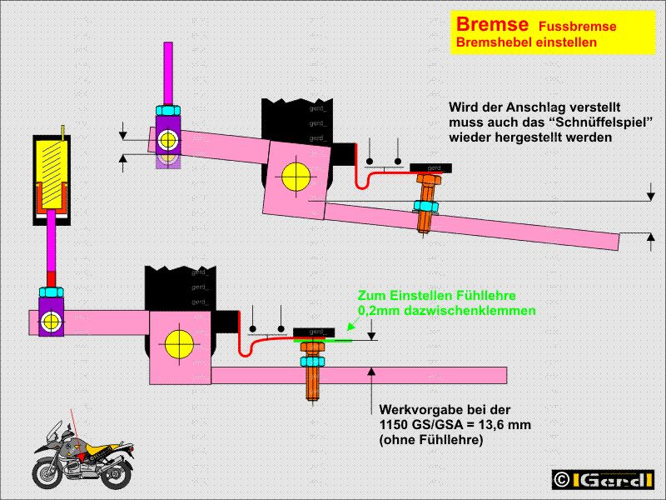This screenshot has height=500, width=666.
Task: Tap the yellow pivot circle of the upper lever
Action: pyautogui.click(x=295, y=176)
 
